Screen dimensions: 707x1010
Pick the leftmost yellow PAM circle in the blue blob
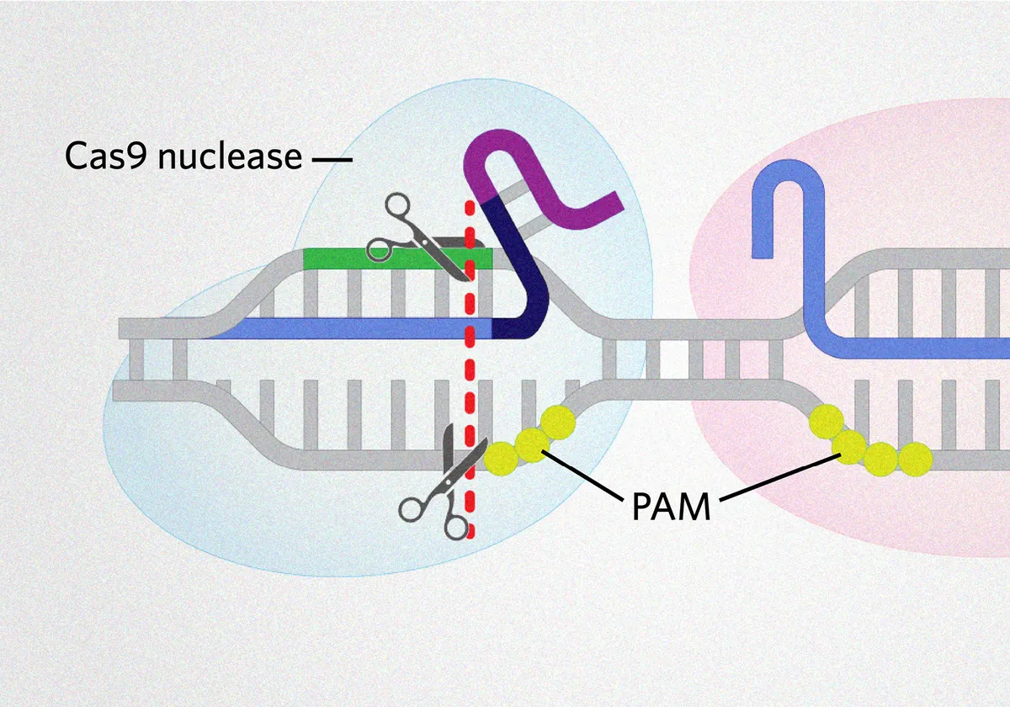[502, 457]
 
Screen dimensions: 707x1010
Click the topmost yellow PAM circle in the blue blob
[557, 421]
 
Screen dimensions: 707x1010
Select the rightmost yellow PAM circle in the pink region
[915, 460]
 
